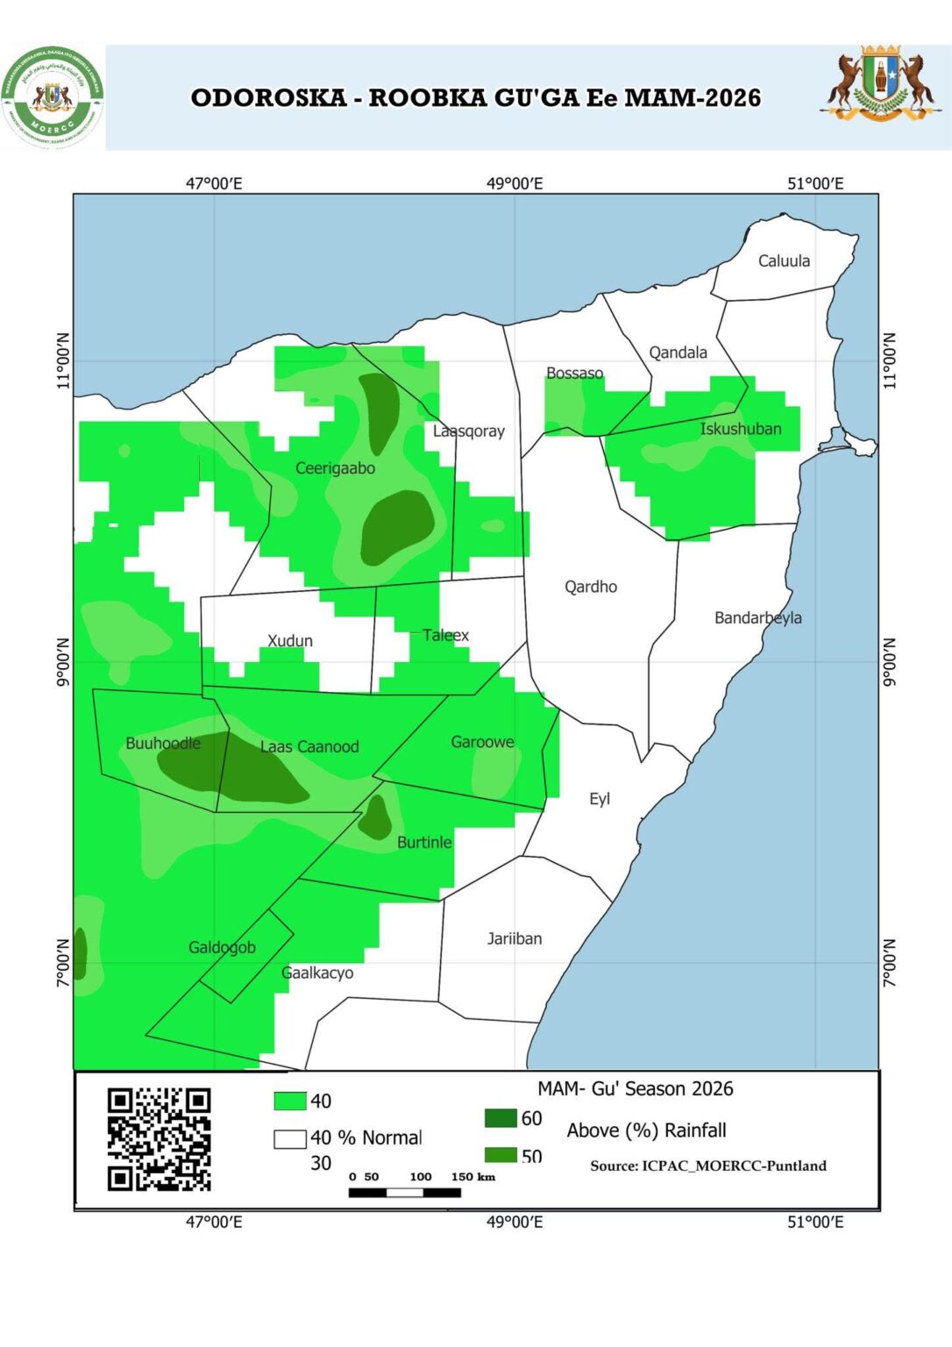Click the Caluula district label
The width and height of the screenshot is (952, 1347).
[x=784, y=260]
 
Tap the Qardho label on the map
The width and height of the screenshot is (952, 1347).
[x=590, y=587]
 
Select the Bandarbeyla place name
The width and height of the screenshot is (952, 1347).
[x=757, y=617]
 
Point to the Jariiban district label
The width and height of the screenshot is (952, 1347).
[x=514, y=938]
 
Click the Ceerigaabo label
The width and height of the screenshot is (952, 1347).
[x=335, y=468]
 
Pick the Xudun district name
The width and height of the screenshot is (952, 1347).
[x=289, y=640]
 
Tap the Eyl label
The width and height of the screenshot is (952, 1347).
[x=599, y=799]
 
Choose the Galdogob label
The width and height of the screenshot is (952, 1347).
[x=222, y=947]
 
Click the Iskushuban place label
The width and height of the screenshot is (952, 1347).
[x=740, y=429]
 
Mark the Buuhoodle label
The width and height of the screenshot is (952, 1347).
[x=163, y=743]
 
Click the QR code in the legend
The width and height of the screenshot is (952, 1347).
[x=159, y=1138]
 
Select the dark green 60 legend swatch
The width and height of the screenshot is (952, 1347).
[x=501, y=1118]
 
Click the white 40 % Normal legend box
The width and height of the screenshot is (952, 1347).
[x=289, y=1138]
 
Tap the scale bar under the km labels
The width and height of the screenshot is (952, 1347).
[x=404, y=1193]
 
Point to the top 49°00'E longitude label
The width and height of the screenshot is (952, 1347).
[x=515, y=183]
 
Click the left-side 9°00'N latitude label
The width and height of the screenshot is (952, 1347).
[x=62, y=663]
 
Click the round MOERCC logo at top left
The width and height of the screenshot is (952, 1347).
[x=53, y=97]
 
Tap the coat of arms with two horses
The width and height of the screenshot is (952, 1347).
[x=878, y=83]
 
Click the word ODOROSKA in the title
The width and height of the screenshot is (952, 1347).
[x=268, y=97]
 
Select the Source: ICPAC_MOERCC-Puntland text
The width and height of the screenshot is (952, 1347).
[x=707, y=1165]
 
